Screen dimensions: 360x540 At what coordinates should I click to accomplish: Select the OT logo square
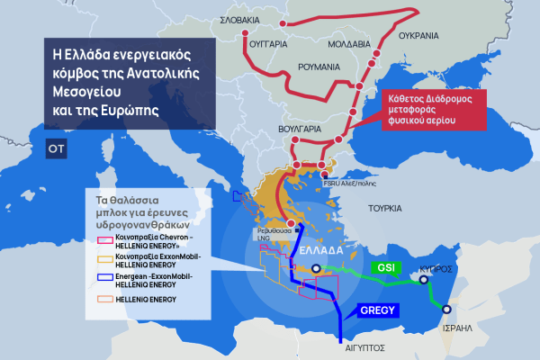pos(55,148)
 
